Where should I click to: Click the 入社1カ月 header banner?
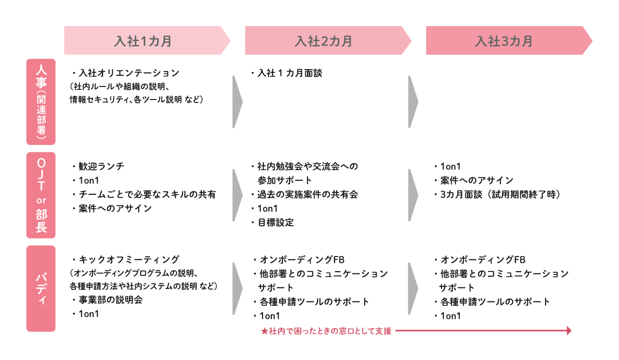pyautogui.click(x=147, y=40)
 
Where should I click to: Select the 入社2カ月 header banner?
pyautogui.click(x=328, y=40)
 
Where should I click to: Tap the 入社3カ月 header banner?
pyautogui.click(x=509, y=40)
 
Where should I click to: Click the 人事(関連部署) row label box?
pyautogui.click(x=41, y=101)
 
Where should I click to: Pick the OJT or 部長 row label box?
pyautogui.click(x=41, y=195)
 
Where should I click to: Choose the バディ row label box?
pyautogui.click(x=41, y=288)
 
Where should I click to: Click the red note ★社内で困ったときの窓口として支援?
pyautogui.click(x=326, y=331)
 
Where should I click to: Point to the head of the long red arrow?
pyautogui.click(x=571, y=331)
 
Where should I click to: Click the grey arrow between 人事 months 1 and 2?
pyautogui.click(x=237, y=101)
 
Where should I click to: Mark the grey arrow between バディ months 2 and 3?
pyautogui.click(x=413, y=288)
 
